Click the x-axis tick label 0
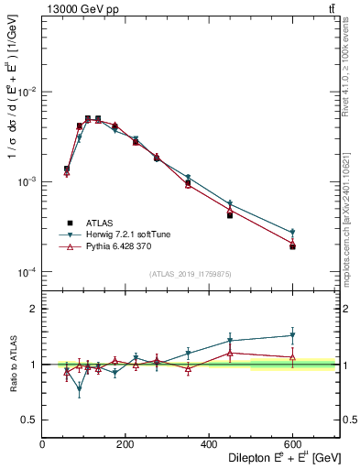(43, 445)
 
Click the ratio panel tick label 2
(33, 309)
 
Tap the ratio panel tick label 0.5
(29, 420)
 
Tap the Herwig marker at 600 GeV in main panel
(292, 233)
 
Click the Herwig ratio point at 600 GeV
(292, 335)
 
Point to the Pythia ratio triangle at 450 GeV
(230, 353)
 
